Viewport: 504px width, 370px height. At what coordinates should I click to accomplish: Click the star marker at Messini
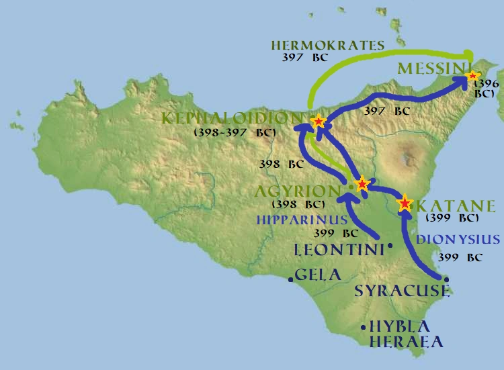473,76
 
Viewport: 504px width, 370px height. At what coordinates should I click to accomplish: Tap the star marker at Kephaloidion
319,122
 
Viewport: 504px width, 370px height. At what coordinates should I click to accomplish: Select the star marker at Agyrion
362,183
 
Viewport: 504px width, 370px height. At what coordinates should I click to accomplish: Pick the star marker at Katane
405,203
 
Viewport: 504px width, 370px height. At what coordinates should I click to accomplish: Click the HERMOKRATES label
328,46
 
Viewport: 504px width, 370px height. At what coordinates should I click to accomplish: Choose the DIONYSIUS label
458,240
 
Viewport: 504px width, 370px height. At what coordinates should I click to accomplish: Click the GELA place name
319,275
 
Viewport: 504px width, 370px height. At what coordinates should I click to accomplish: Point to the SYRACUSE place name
401,291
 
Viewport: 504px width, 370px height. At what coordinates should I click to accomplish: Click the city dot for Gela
291,279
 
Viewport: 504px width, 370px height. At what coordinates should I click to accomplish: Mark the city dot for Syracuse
446,279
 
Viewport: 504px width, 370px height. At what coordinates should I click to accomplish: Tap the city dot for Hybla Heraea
364,328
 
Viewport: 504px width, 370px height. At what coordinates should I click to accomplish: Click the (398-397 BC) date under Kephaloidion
235,133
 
